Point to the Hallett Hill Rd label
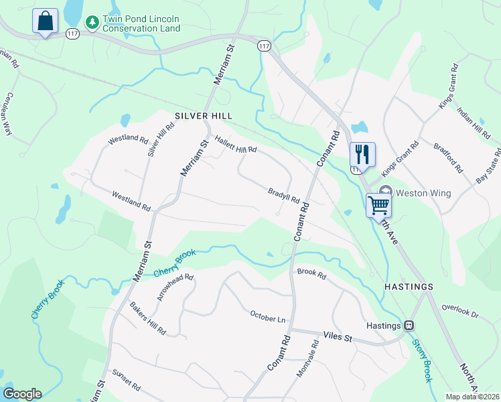236,144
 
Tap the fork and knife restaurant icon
362,154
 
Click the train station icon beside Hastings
408,326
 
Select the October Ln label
267,315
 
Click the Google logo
22,394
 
